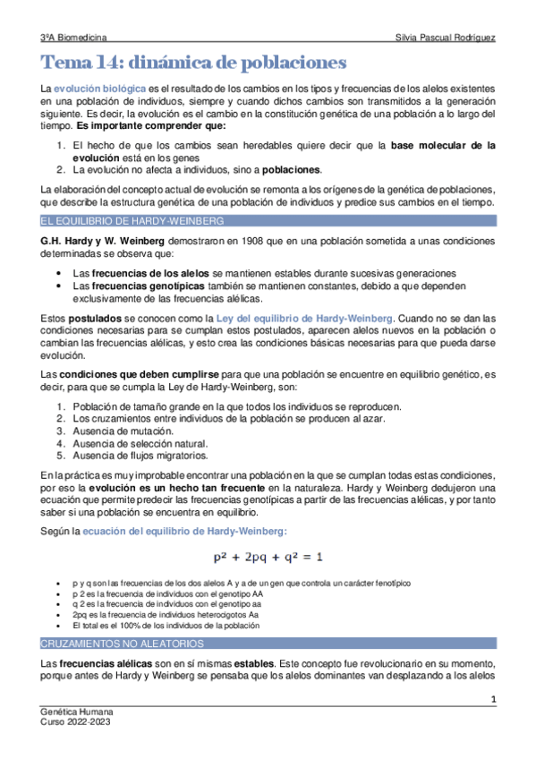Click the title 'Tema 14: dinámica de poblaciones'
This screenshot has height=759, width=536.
click(x=192, y=64)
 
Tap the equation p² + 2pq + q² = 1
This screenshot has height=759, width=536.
click(x=268, y=557)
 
